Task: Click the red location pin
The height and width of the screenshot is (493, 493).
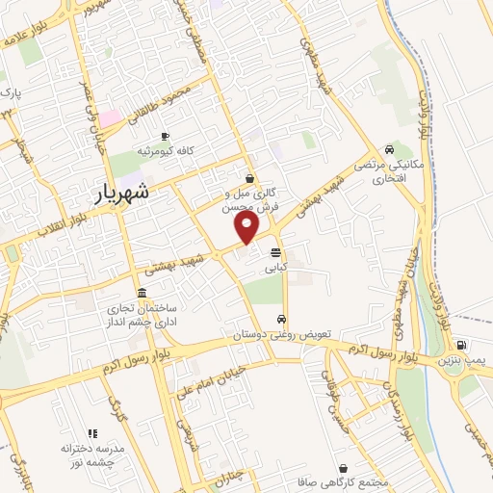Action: pos(247,227)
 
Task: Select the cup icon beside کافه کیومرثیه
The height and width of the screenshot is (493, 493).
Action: pos(166,136)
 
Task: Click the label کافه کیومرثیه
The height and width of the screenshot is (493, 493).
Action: pos(159,150)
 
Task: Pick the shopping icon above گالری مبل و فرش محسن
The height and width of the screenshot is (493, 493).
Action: pos(250,178)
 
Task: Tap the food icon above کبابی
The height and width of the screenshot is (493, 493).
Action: pos(276,252)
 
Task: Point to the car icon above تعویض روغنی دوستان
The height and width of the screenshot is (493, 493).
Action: pos(280,320)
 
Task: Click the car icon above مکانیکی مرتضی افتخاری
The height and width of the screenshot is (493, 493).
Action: pos(387,149)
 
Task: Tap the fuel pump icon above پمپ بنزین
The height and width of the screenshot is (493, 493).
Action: pos(462,346)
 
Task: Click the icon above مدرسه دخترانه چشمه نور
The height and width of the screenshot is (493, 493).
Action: pos(93,434)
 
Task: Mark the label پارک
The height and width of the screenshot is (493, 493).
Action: pos(9,94)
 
